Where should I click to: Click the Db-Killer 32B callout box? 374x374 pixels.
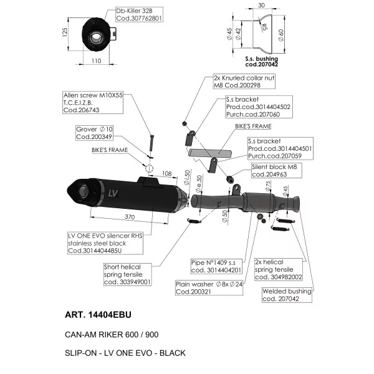coord(139,14)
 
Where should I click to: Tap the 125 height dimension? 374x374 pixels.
coord(65,32)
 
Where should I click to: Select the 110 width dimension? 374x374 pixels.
coord(96,61)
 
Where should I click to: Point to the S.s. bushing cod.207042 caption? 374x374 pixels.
coord(261,61)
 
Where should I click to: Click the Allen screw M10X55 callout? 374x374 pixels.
coord(93,103)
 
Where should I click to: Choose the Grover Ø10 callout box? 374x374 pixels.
coord(94,133)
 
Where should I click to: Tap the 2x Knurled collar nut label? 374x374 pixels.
coord(244,82)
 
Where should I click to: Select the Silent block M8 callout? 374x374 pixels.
coord(277,171)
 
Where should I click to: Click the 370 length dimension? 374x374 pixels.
coord(130,217)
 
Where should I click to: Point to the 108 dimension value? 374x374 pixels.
coord(166,173)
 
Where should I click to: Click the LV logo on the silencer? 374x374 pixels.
coord(113,193)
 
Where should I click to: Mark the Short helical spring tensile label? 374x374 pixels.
coord(128,274)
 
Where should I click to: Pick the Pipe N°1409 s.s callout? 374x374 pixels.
coord(216,266)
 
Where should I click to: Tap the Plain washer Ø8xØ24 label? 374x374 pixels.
coord(209,288)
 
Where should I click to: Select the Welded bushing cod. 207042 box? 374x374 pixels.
coord(287,295)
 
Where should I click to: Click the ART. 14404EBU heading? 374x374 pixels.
coord(98,315)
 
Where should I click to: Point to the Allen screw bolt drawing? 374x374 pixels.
coord(151,143)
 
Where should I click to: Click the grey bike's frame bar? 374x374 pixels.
coord(210,153)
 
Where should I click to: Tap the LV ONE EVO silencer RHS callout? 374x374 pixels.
coord(105,243)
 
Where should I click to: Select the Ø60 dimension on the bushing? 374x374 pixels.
coord(281,35)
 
